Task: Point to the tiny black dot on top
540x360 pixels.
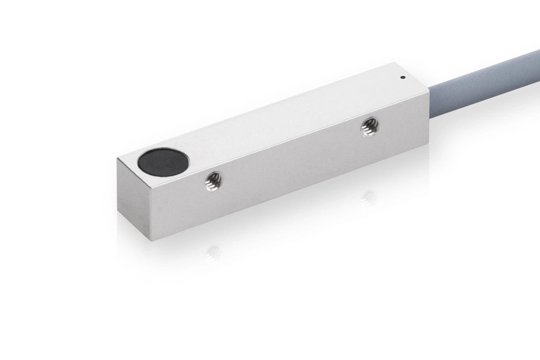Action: click(x=402, y=77)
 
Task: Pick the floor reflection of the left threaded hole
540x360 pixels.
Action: click(x=213, y=252)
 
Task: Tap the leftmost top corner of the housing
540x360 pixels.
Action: click(x=117, y=159)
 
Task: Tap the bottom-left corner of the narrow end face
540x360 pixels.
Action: click(x=118, y=213)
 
